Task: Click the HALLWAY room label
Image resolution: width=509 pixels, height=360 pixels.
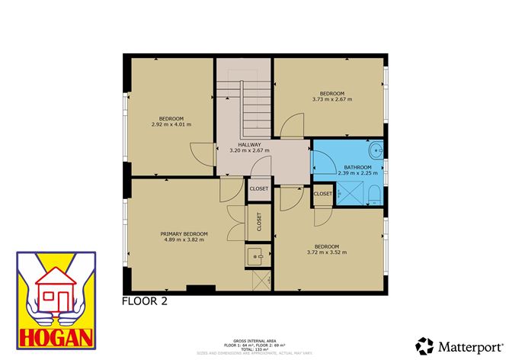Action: point(249,144)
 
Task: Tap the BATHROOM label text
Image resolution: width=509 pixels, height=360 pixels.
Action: point(357,167)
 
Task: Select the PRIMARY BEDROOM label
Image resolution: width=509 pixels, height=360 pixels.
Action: point(184,233)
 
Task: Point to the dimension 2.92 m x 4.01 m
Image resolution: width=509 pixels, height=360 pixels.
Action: point(171,124)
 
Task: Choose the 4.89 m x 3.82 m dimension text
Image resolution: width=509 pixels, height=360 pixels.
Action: point(184,239)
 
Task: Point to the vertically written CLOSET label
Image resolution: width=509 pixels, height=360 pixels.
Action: point(259,222)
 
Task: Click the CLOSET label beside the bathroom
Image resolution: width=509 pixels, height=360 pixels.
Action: point(323,194)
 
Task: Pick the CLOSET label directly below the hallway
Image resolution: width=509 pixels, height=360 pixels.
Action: point(258,188)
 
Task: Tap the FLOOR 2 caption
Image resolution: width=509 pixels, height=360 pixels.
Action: point(145,301)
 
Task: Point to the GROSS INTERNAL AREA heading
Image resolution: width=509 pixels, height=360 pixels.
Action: point(254,339)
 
